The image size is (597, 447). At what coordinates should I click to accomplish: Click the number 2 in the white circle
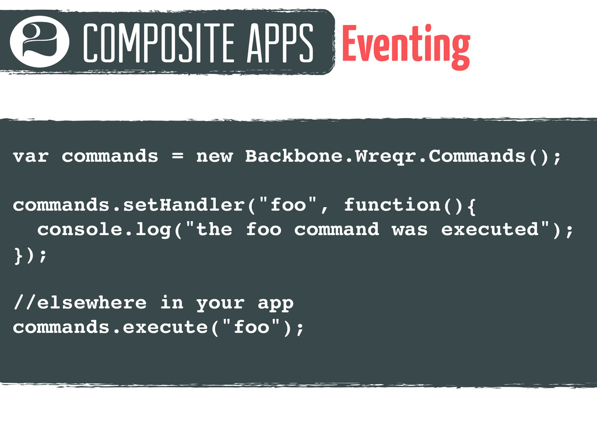pos(39,41)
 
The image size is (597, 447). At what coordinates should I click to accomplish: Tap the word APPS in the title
pos(280,42)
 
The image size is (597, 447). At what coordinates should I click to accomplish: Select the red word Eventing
pos(406,45)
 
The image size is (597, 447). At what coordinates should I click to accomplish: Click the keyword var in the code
pos(31,157)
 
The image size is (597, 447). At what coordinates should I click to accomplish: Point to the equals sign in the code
pos(177,156)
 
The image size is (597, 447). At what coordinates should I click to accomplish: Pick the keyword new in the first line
pos(215,157)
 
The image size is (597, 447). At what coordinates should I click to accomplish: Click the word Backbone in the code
pos(294,156)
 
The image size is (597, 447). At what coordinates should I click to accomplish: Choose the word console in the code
pos(80,229)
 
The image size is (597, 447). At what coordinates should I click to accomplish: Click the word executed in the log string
pos(490,229)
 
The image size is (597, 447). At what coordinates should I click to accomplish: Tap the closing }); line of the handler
pos(30,255)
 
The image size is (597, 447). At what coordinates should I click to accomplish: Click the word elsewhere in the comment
pos(92,303)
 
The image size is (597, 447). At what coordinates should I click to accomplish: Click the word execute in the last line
pos(165,327)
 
